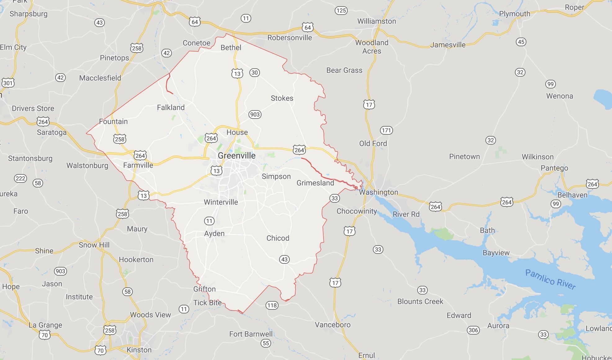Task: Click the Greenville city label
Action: coord(237,155)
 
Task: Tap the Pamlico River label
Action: coord(550,279)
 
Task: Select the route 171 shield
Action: coord(386,130)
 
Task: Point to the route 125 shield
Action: coord(341,11)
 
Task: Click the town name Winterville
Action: coord(221,202)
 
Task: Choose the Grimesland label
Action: coord(315,183)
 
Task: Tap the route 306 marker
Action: coord(473,330)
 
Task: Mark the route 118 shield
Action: coord(272,305)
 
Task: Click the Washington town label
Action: coord(378,192)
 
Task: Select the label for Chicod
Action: coord(278,238)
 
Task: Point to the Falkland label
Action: coord(171,107)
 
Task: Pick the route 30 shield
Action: coord(255,73)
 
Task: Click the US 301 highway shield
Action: coord(8,83)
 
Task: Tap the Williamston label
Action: coord(377,21)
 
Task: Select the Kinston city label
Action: coord(139,350)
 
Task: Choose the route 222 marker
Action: coord(20,178)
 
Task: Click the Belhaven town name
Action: coord(572,195)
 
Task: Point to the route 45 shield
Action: coord(521,42)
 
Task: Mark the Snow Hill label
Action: coord(94,245)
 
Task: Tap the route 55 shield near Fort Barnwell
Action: coord(266,343)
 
